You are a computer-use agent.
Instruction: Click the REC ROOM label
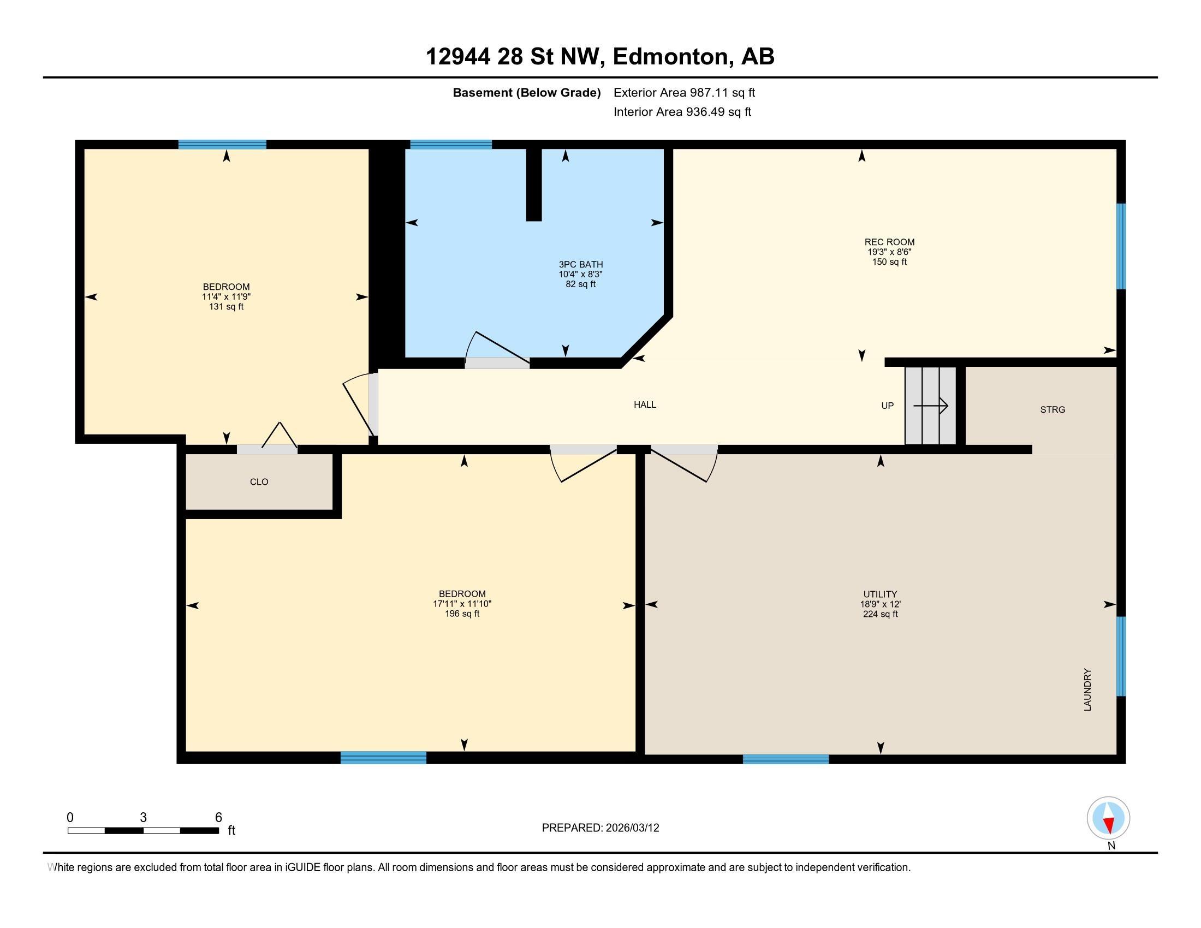click(889, 242)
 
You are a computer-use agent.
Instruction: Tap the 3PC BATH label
click(581, 264)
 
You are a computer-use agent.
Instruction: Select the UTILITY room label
click(880, 594)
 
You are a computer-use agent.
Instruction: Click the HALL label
click(645, 404)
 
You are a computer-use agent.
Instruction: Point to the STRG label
click(1053, 409)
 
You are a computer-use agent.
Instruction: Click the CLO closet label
click(259, 482)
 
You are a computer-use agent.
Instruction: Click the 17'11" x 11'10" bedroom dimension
click(462, 604)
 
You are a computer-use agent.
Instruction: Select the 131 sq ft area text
click(226, 307)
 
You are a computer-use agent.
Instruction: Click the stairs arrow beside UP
click(931, 406)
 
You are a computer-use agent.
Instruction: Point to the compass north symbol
click(1108, 818)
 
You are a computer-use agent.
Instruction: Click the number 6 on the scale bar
click(218, 818)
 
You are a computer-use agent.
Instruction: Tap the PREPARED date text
click(600, 828)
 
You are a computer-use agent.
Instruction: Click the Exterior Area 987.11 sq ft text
click(684, 93)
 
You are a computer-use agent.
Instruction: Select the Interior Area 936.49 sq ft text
click(682, 112)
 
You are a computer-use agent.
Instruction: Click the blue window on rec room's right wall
click(1121, 246)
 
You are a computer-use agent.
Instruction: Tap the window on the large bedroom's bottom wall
click(383, 758)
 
